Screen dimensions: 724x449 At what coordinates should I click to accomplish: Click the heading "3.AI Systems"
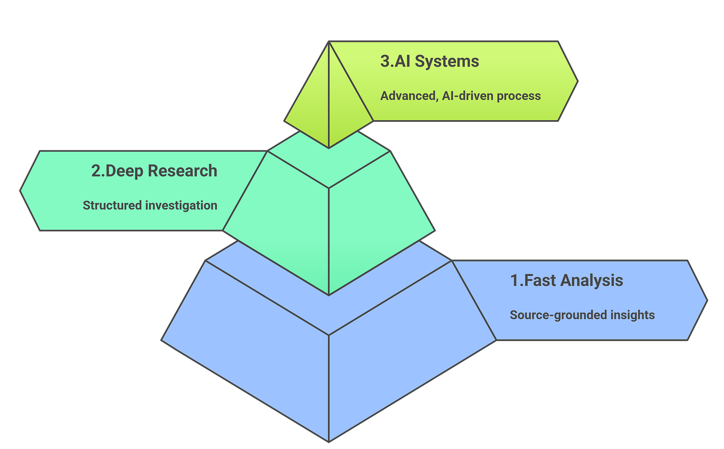pyautogui.click(x=430, y=61)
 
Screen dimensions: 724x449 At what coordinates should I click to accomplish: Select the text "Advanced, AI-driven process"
pyautogui.click(x=460, y=95)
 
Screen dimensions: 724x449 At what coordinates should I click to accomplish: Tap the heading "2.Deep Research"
pyautogui.click(x=154, y=171)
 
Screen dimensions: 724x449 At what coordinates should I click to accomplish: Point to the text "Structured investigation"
pyautogui.click(x=150, y=205)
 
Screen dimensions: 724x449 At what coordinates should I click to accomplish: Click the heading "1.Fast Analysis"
pyautogui.click(x=566, y=280)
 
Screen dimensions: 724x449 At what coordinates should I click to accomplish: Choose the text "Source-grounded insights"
pyautogui.click(x=582, y=315)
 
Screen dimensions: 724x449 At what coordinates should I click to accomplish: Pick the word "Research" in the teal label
pyautogui.click(x=182, y=171)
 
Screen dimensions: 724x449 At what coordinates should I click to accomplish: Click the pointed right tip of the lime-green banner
pyautogui.click(x=578, y=80)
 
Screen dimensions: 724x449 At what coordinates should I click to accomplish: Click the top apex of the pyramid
pyautogui.click(x=328, y=42)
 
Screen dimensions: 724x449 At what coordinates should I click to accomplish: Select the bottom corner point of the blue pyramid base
pyautogui.click(x=329, y=441)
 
